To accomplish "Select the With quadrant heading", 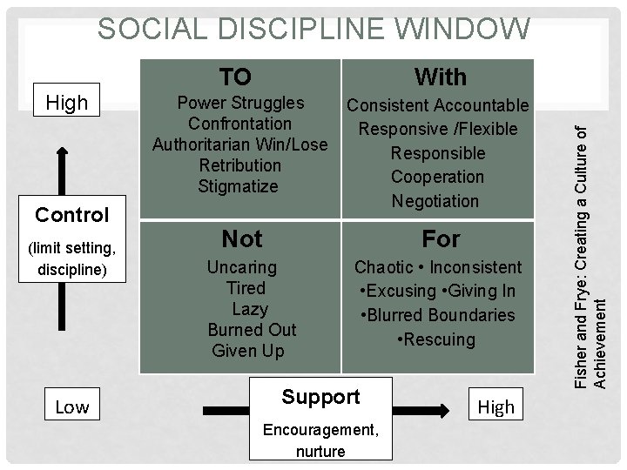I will tap(441, 77).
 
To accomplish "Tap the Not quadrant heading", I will tap(242, 238).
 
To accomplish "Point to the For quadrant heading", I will tap(441, 238).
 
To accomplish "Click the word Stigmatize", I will tap(238, 186).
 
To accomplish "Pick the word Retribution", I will tap(239, 165).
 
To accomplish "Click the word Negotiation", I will tap(435, 201).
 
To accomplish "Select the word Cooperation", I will tap(437, 177).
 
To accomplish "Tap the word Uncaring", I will tap(243, 267).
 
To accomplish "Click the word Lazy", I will tap(250, 309).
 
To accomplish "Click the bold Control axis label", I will tap(72, 214).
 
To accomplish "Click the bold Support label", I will tap(320, 397).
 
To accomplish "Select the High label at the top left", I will tap(67, 103).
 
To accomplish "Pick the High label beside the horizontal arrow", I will tap(496, 406).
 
